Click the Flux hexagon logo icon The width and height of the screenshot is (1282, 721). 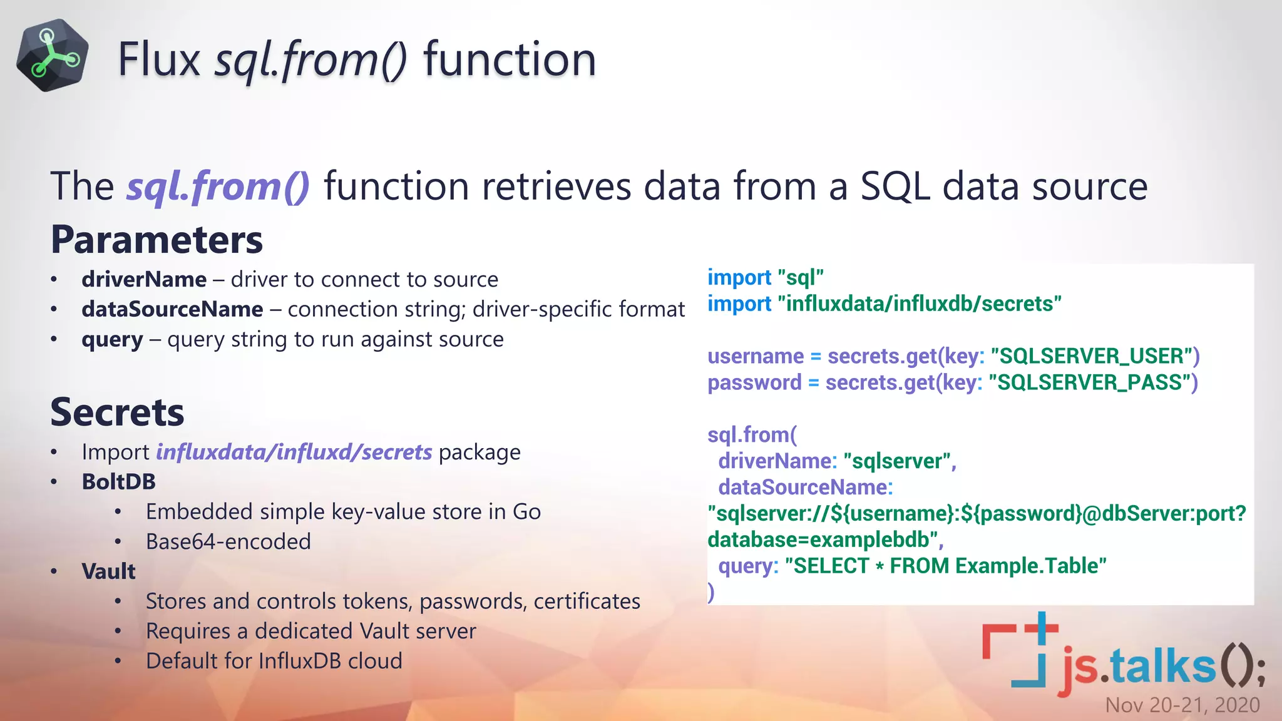(52, 55)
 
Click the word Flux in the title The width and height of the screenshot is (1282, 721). (158, 59)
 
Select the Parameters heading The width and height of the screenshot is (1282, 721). (156, 240)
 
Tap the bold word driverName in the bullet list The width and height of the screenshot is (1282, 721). (144, 279)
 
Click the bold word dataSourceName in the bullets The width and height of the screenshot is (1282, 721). (172, 309)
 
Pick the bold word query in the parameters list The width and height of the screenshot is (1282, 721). (112, 339)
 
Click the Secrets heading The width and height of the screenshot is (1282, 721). (117, 412)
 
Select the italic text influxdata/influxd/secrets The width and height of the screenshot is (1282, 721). (294, 452)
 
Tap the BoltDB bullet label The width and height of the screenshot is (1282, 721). (118, 482)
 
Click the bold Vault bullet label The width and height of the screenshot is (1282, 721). (108, 571)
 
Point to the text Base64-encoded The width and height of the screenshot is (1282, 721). (228, 541)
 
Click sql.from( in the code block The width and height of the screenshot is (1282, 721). (752, 435)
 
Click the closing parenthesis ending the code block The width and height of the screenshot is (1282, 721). (711, 591)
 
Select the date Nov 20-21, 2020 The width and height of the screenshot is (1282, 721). (1182, 705)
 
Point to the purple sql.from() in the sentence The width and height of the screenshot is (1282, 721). (218, 187)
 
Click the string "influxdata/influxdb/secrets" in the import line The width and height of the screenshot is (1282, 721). (919, 304)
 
